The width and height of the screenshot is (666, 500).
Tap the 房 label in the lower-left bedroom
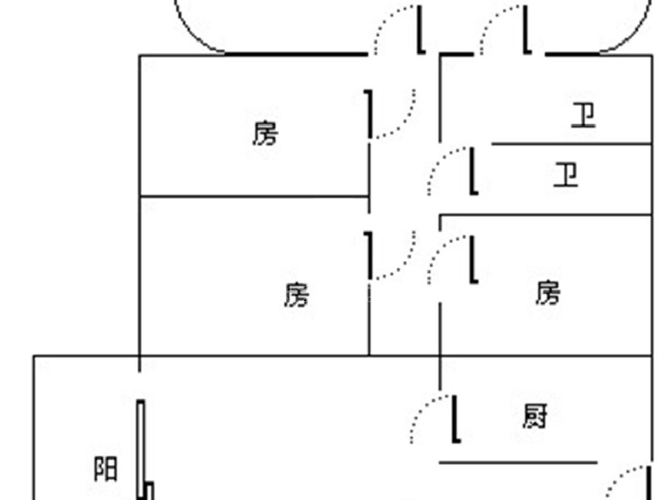[296, 294]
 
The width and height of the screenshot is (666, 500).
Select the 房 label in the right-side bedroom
[548, 293]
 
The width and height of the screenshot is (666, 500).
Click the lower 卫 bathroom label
[565, 175]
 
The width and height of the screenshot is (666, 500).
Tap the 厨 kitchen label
[535, 416]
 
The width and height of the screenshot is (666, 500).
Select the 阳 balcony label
[106, 469]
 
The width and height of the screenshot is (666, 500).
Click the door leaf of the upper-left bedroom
[370, 114]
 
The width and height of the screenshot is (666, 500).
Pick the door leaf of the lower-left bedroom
[370, 255]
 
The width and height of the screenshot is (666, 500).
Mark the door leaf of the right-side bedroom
[472, 260]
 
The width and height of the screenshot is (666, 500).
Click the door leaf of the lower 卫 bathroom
[472, 171]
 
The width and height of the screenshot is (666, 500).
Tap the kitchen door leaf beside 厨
[455, 419]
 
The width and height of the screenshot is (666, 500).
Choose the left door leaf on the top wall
[421, 30]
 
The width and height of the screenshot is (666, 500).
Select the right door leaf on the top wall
[526, 30]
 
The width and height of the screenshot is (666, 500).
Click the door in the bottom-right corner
[649, 483]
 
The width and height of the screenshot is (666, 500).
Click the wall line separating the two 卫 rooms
[571, 144]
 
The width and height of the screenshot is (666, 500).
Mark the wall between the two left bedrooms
[255, 196]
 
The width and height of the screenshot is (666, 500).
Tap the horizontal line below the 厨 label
[518, 462]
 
